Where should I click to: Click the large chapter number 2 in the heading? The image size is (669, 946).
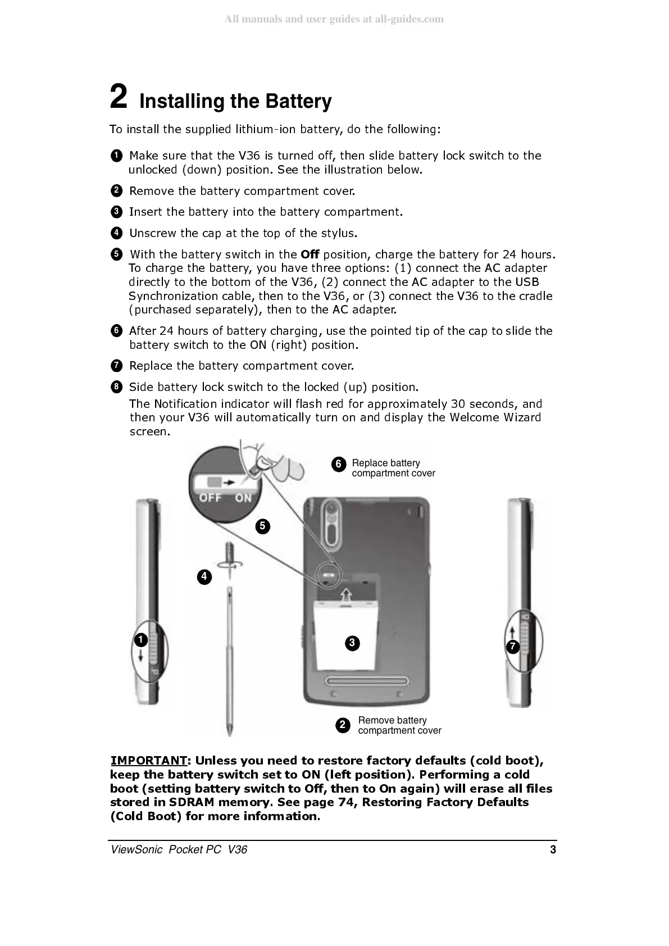118,96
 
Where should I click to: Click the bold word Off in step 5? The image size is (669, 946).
310,254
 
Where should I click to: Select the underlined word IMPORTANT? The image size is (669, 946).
148,761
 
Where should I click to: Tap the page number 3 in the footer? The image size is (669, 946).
553,849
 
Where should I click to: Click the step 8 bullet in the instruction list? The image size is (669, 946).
116,386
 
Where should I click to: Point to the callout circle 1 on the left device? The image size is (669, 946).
140,640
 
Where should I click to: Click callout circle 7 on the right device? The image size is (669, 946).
512,647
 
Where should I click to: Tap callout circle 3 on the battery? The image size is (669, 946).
352,643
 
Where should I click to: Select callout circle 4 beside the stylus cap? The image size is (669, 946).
204,577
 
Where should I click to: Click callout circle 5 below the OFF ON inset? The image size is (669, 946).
262,526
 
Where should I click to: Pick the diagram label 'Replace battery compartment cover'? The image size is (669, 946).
393,468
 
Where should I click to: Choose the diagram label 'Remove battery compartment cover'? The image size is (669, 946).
399,725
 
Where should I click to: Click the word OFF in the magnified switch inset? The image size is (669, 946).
211,498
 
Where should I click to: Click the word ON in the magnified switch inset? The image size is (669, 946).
243,498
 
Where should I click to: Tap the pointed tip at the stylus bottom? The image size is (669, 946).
230,731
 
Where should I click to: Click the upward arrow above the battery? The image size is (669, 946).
347,593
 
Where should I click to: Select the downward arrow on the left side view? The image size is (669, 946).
140,656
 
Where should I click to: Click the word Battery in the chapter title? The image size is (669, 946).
298,102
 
